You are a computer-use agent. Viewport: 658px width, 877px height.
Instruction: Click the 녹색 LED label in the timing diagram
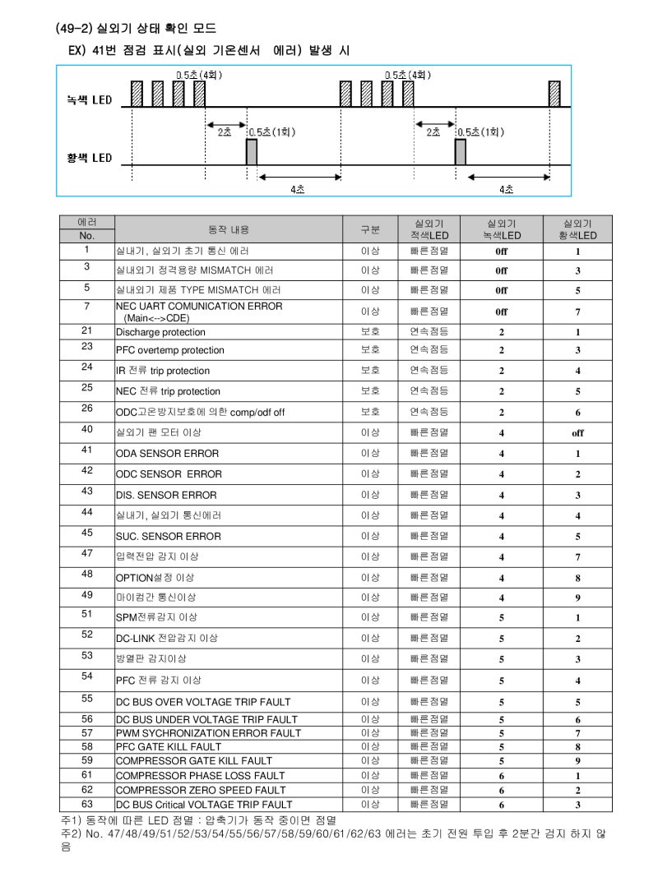(x=90, y=100)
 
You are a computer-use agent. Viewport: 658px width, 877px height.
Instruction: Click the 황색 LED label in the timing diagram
(x=90, y=158)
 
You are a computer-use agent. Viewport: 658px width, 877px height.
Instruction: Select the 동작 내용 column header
(x=228, y=229)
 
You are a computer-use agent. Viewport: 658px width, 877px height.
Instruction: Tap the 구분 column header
(x=371, y=229)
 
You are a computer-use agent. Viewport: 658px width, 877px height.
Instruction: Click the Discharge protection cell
(x=160, y=332)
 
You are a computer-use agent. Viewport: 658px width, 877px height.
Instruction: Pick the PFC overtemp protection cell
(x=169, y=350)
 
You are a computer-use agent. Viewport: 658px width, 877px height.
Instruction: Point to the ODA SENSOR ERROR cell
(x=167, y=454)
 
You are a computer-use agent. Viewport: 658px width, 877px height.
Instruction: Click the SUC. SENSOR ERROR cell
(x=168, y=537)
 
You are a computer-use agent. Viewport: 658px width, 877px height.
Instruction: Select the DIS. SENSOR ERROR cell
(x=166, y=495)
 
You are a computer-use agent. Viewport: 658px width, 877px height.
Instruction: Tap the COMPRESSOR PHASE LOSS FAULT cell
(x=200, y=775)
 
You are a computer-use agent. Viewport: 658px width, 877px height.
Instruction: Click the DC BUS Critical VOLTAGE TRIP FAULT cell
(x=203, y=804)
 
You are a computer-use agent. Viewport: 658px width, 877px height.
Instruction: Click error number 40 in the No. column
(x=86, y=429)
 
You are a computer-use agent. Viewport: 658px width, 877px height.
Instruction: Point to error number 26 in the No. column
(x=86, y=408)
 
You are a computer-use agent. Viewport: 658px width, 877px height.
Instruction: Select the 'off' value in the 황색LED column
(x=577, y=433)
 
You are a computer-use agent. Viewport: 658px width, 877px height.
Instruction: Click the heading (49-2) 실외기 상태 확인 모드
(x=135, y=29)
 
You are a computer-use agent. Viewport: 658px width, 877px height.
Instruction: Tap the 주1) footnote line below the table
(x=199, y=820)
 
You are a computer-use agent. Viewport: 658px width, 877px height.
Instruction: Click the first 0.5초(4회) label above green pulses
(x=198, y=74)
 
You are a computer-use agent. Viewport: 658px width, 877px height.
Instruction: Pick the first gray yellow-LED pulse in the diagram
(x=252, y=152)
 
